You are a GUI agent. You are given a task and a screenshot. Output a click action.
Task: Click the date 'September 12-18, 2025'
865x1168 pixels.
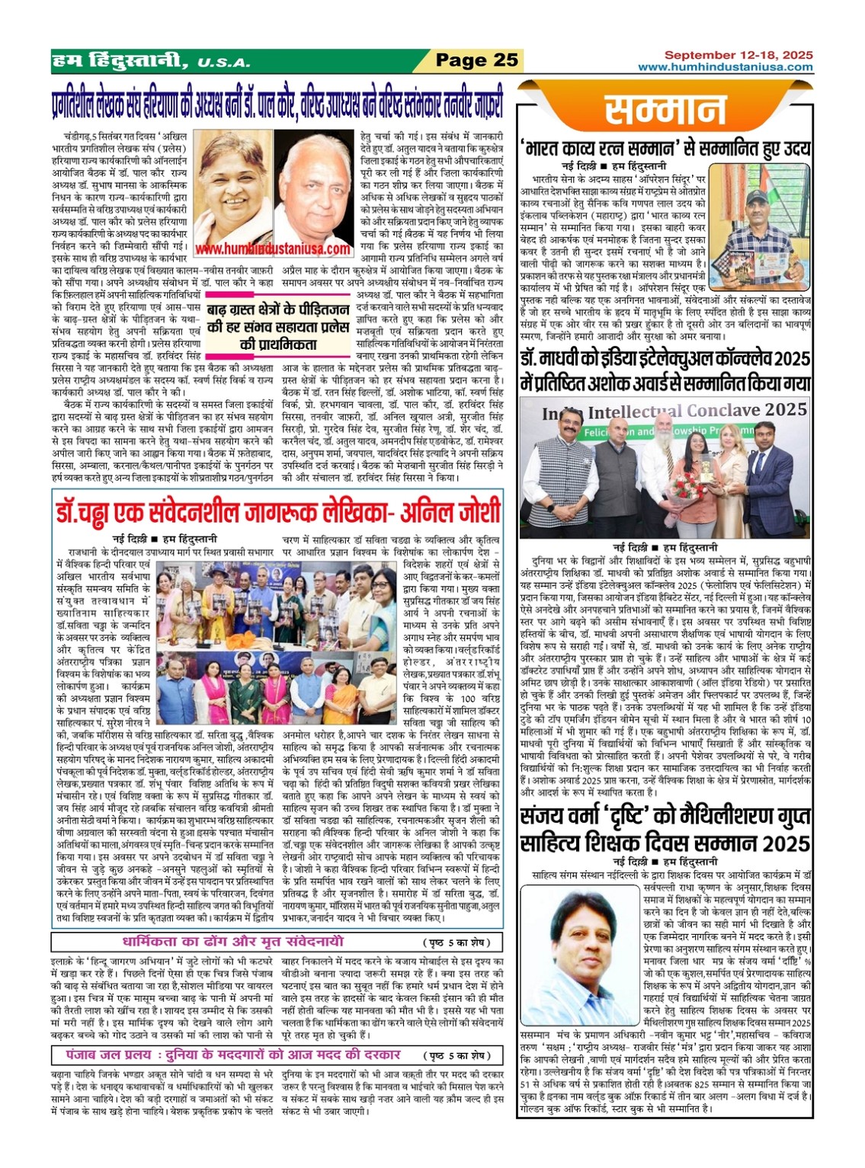738,55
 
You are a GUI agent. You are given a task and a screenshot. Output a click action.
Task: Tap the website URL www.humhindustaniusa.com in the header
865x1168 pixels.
725,67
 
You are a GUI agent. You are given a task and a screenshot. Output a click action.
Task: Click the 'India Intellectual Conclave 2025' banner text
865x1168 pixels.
674,412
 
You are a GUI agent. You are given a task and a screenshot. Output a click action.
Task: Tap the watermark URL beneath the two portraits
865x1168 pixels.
272,248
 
